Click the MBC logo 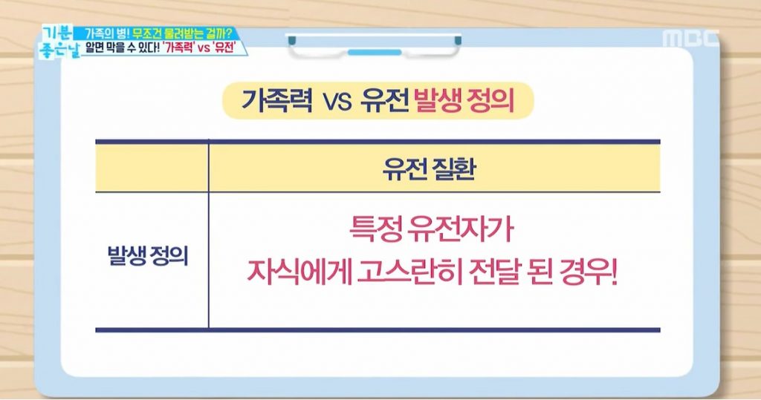pyautogui.click(x=690, y=39)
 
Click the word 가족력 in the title pyautogui.click(x=277, y=101)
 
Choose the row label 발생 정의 pyautogui.click(x=148, y=255)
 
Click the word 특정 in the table pyautogui.click(x=375, y=229)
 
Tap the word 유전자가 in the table pyautogui.click(x=461, y=229)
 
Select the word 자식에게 pyautogui.click(x=299, y=272)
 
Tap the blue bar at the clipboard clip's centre pyautogui.click(x=375, y=52)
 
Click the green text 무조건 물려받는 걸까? pyautogui.click(x=181, y=34)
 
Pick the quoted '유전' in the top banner pyautogui.click(x=224, y=48)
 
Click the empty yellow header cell pyautogui.click(x=152, y=168)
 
